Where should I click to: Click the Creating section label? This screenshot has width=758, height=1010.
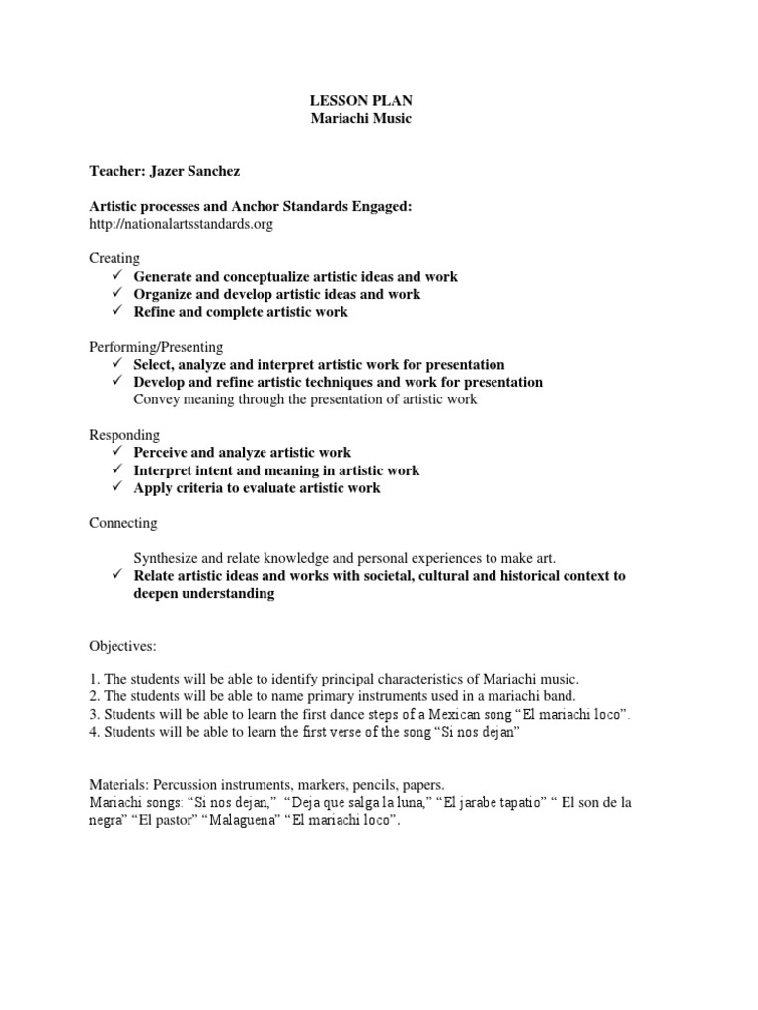click(x=114, y=258)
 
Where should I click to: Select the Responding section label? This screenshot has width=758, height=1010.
click(x=124, y=435)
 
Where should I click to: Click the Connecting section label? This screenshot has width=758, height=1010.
click(x=123, y=523)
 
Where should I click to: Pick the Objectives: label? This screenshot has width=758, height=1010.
click(x=123, y=645)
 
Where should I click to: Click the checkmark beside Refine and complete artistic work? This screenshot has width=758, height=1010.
click(x=115, y=312)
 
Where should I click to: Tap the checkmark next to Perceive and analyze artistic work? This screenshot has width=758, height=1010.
click(x=115, y=453)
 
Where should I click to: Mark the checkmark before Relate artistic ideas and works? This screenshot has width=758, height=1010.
click(x=115, y=576)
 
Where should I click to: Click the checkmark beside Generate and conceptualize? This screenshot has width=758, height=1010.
click(x=115, y=277)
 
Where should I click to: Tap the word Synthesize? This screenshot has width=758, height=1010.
click(x=168, y=558)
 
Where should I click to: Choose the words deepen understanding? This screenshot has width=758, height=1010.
click(x=204, y=594)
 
